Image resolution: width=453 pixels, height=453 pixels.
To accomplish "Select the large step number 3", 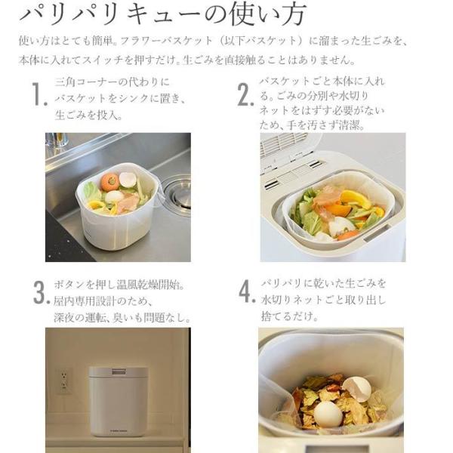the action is pyautogui.click(x=39, y=292).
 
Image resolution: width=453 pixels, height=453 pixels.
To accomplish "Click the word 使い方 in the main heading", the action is pyautogui.click(x=267, y=14).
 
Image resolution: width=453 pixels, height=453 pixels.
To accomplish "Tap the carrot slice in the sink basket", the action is pyautogui.click(x=109, y=182).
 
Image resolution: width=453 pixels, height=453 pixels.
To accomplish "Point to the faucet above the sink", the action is pyautogui.click(x=57, y=140).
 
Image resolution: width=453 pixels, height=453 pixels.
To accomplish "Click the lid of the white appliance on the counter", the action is pyautogui.click(x=119, y=372).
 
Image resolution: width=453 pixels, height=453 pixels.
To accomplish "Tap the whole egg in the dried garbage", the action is pyautogui.click(x=328, y=414).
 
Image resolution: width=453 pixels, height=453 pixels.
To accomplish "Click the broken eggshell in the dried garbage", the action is pyautogui.click(x=356, y=388).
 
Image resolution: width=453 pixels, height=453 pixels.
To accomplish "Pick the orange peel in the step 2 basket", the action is pyautogui.click(x=353, y=200).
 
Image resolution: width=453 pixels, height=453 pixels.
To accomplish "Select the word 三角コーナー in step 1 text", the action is pyautogui.click(x=87, y=82).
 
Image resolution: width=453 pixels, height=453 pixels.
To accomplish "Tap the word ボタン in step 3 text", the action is pyautogui.click(x=69, y=285).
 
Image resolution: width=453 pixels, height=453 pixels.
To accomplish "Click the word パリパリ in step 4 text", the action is pyautogui.click(x=281, y=283).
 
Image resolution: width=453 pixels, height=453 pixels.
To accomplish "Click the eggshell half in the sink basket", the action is pyautogui.click(x=128, y=180).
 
